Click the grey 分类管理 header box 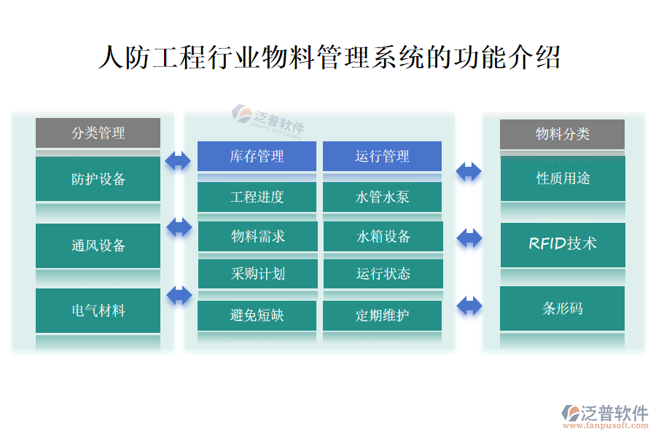pyautogui.click(x=98, y=133)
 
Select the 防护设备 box pyautogui.click(x=98, y=178)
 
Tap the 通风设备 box pyautogui.click(x=98, y=245)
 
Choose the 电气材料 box pyautogui.click(x=98, y=310)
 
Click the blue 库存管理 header pyautogui.click(x=257, y=156)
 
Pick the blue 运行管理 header pyautogui.click(x=382, y=156)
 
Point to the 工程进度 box pyautogui.click(x=257, y=197)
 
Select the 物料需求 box pyautogui.click(x=258, y=236)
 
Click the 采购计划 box pyautogui.click(x=258, y=274)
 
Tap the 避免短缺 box pyautogui.click(x=257, y=315)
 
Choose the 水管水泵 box pyautogui.click(x=382, y=197)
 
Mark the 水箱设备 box pyautogui.click(x=383, y=236)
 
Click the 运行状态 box pyautogui.click(x=383, y=274)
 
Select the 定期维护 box pyautogui.click(x=382, y=315)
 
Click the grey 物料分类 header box pyautogui.click(x=562, y=134)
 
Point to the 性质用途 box pyautogui.click(x=563, y=178)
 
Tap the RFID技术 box pyautogui.click(x=563, y=245)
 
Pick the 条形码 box pyautogui.click(x=562, y=309)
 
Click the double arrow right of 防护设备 pyautogui.click(x=178, y=161)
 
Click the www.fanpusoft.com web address pyautogui.click(x=605, y=425)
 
